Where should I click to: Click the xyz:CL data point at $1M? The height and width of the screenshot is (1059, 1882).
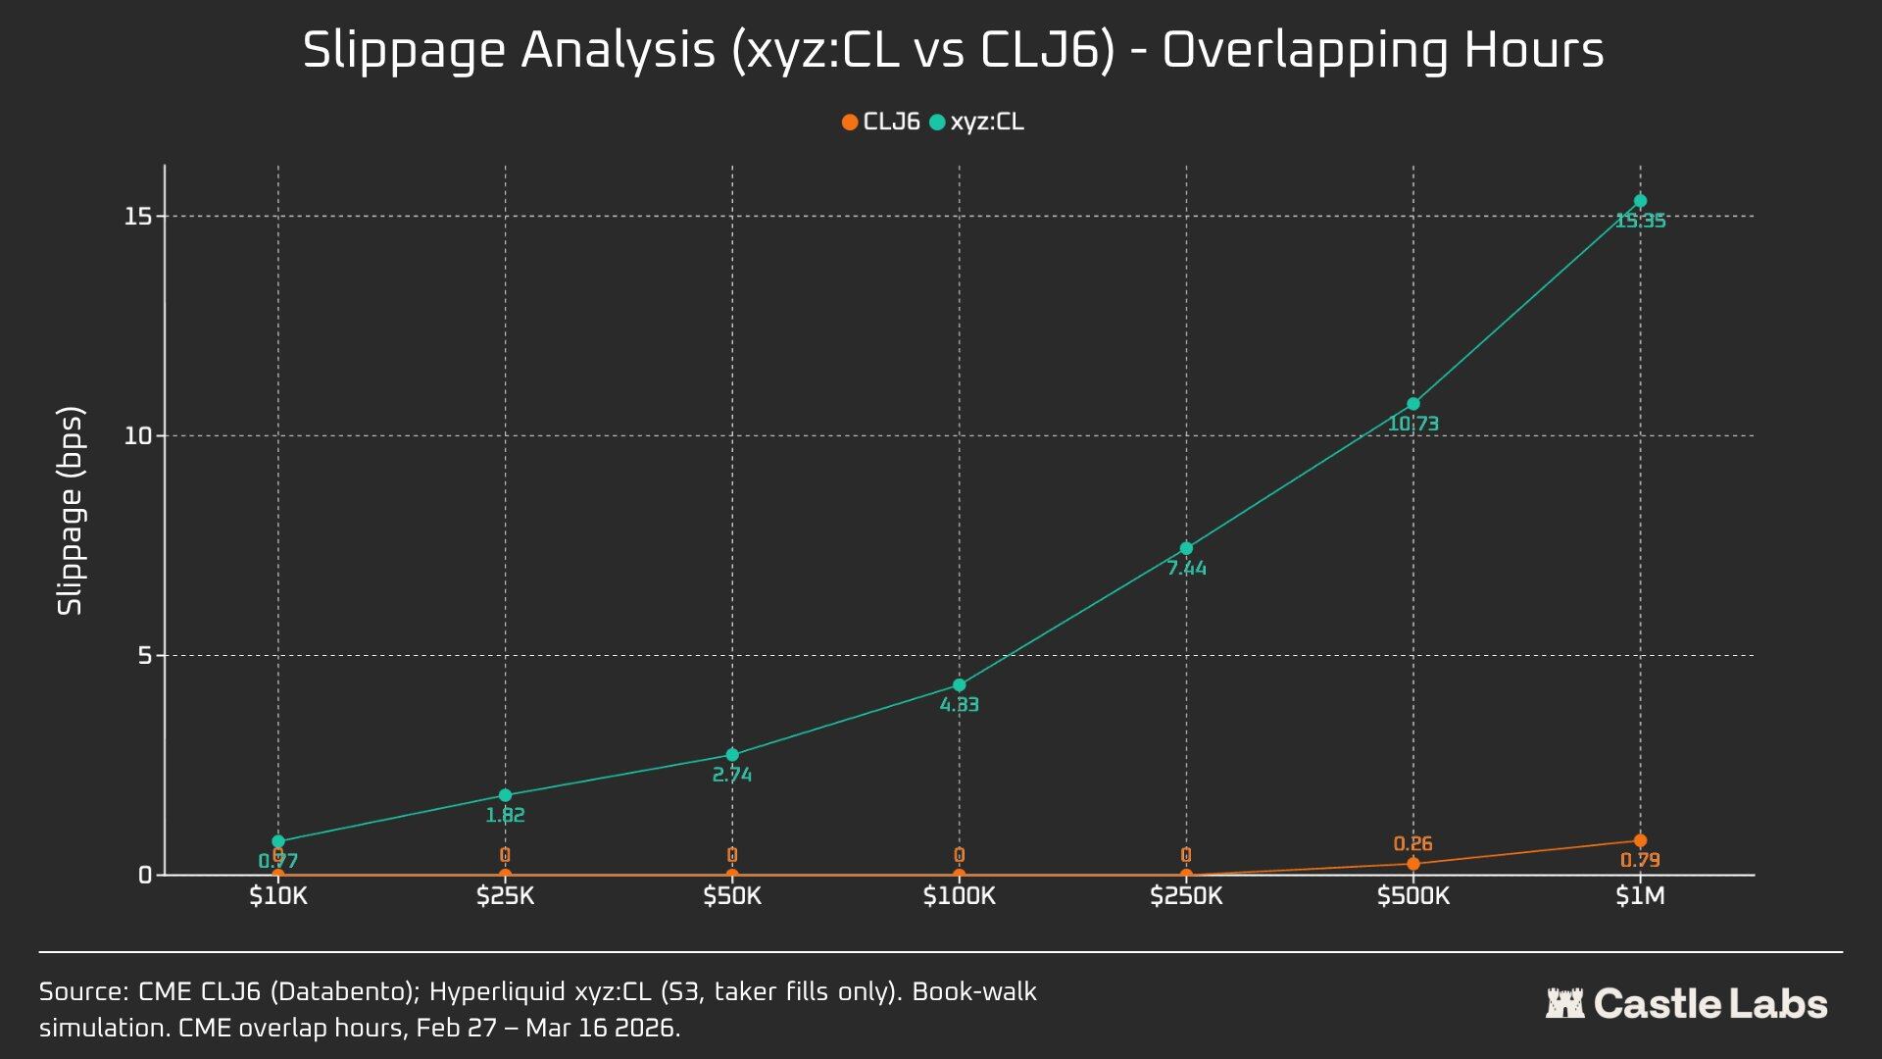(1640, 201)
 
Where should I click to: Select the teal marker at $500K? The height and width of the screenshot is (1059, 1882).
(1412, 404)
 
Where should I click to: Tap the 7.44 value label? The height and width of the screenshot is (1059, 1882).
(1186, 569)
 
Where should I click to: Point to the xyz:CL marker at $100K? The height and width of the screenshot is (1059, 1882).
(959, 684)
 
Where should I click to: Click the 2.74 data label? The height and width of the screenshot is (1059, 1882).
(731, 776)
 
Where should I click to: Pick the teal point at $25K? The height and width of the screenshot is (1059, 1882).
(505, 795)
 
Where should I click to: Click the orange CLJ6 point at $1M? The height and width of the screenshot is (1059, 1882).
(1640, 840)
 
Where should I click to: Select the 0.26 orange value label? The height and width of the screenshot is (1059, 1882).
(1412, 844)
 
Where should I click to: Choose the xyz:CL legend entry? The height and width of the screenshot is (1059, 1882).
(977, 123)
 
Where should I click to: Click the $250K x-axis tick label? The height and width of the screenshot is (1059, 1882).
(1186, 896)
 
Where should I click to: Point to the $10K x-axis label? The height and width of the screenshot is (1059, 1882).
(278, 896)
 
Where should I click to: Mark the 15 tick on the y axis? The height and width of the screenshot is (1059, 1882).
(138, 216)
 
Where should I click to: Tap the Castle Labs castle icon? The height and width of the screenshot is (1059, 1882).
(1564, 1004)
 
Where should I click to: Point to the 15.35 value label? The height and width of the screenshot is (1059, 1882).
(1640, 222)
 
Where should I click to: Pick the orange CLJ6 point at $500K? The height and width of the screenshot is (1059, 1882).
(1412, 864)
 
